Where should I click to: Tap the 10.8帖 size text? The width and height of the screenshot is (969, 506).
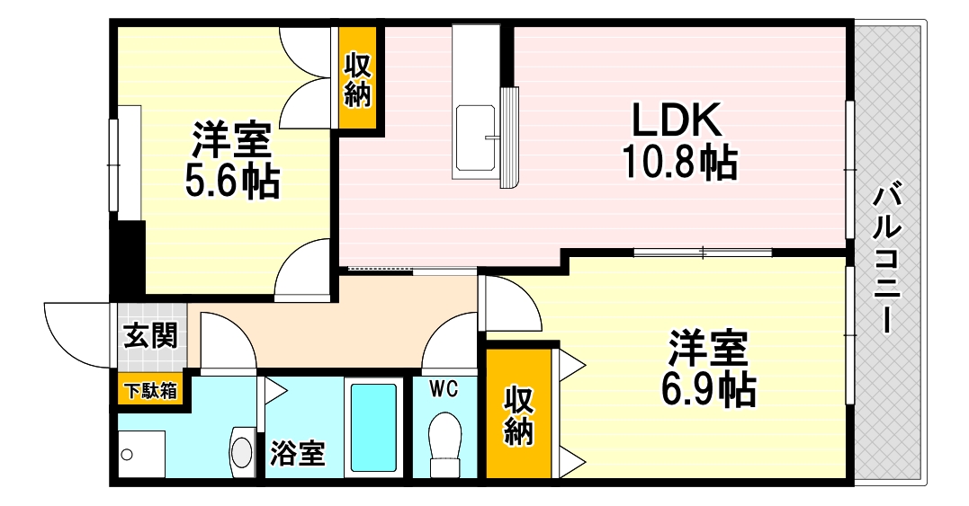click(679, 162)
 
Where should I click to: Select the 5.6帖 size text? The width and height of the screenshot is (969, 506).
click(232, 182)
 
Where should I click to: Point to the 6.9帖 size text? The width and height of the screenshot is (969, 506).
click(707, 389)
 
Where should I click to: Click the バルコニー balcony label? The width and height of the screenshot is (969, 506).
click(889, 257)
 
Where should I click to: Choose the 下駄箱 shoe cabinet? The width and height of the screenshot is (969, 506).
click(150, 391)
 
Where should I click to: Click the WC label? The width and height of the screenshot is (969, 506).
click(444, 389)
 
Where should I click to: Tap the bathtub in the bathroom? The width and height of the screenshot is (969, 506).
click(372, 429)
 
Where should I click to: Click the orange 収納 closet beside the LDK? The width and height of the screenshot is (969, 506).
click(356, 80)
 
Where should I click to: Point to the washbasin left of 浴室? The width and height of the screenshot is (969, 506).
click(242, 448)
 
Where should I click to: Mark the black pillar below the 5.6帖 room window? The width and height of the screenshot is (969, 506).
click(131, 255)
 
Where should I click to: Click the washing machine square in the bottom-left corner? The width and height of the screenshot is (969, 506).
click(141, 455)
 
